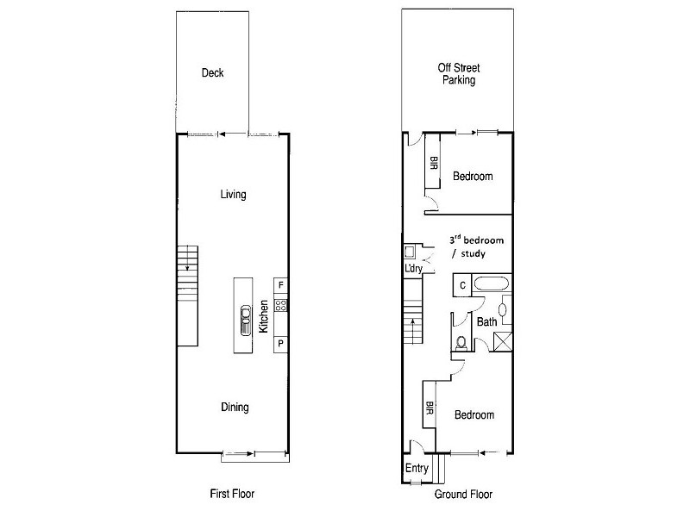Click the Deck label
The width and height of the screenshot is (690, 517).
(212, 73)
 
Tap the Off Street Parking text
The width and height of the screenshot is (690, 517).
(458, 73)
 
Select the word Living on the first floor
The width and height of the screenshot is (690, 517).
(233, 195)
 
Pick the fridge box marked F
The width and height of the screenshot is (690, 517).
(281, 285)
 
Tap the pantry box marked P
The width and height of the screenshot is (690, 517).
(281, 345)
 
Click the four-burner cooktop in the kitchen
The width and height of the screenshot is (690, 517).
(280, 305)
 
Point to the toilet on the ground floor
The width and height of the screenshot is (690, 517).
(462, 343)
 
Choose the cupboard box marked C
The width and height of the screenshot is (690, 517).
(462, 285)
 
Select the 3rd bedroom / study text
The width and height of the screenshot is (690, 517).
(476, 246)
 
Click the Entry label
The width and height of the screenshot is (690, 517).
(417, 468)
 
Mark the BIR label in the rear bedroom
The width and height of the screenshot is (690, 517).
(434, 165)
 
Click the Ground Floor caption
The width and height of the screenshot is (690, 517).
(464, 495)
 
